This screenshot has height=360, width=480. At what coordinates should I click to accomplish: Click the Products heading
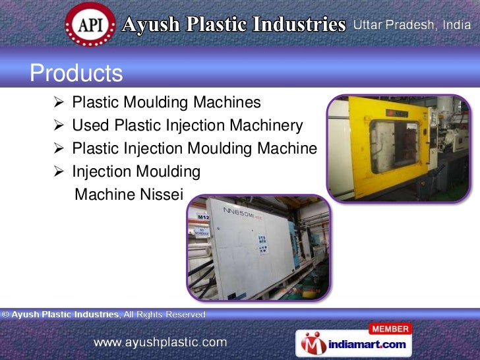point(76,73)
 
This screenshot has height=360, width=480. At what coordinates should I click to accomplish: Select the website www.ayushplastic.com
point(160,342)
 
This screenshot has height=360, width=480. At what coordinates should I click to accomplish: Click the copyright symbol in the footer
point(5,315)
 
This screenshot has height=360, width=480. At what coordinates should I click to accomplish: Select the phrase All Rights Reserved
point(164,315)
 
